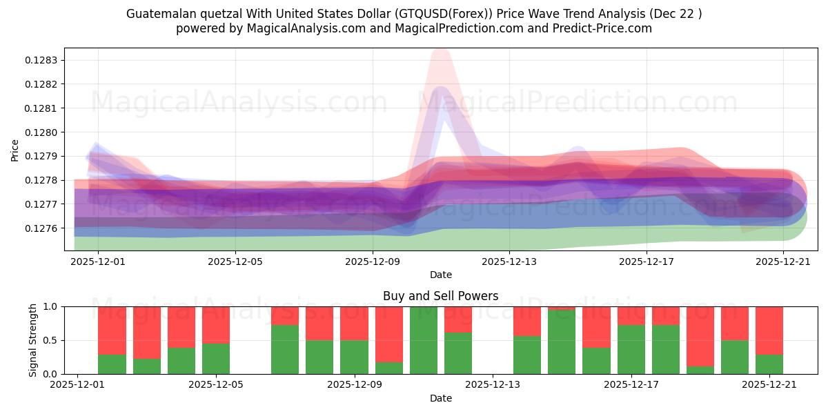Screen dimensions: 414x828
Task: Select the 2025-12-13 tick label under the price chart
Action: [x=509, y=262]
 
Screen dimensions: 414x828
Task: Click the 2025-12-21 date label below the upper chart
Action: [x=783, y=262]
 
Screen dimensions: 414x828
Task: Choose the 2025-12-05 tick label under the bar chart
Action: [x=216, y=385]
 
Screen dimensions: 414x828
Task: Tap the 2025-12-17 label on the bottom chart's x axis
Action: [x=631, y=385]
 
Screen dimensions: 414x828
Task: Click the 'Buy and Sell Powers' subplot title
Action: [x=440, y=296]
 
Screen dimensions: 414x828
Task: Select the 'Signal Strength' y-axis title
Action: [x=32, y=340]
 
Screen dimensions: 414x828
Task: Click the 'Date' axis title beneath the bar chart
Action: [x=440, y=398]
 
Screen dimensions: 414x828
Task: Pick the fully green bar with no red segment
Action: [x=424, y=340]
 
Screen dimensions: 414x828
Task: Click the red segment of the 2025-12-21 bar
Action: [x=769, y=330]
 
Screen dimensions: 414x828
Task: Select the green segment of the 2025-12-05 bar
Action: [x=216, y=359]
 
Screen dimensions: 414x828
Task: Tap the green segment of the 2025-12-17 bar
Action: [x=631, y=350]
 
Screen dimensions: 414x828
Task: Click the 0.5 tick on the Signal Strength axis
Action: [x=52, y=340]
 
